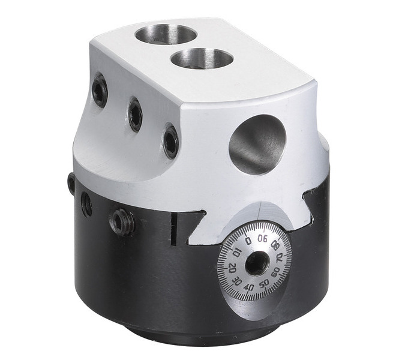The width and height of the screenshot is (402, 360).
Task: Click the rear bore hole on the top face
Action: pyautogui.click(x=166, y=34)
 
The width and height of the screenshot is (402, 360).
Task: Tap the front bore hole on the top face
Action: pyautogui.click(x=202, y=59)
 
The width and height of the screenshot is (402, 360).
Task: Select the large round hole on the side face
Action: pyautogui.click(x=257, y=143)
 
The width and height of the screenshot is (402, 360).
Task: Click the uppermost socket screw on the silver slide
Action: pyautogui.click(x=100, y=89)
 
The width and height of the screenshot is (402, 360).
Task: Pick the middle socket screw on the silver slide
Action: pyautogui.click(x=135, y=115)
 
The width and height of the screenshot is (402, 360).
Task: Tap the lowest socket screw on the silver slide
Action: pyautogui.click(x=171, y=140)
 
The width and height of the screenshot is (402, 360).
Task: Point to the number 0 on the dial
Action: pyautogui.click(x=248, y=240)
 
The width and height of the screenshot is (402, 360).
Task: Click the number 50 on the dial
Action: pyautogui.click(x=264, y=283)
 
